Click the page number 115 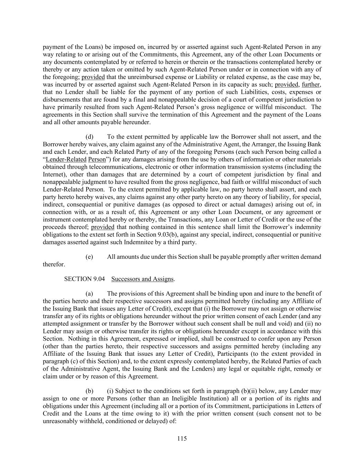tap(182, 439)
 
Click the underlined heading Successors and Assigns tap(142, 279)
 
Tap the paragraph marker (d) tap(89, 137)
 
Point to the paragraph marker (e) tap(89, 257)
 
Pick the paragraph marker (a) tap(89, 294)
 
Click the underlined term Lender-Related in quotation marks tap(66, 159)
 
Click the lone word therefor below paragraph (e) tap(53, 264)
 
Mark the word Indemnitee tap(142, 242)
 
